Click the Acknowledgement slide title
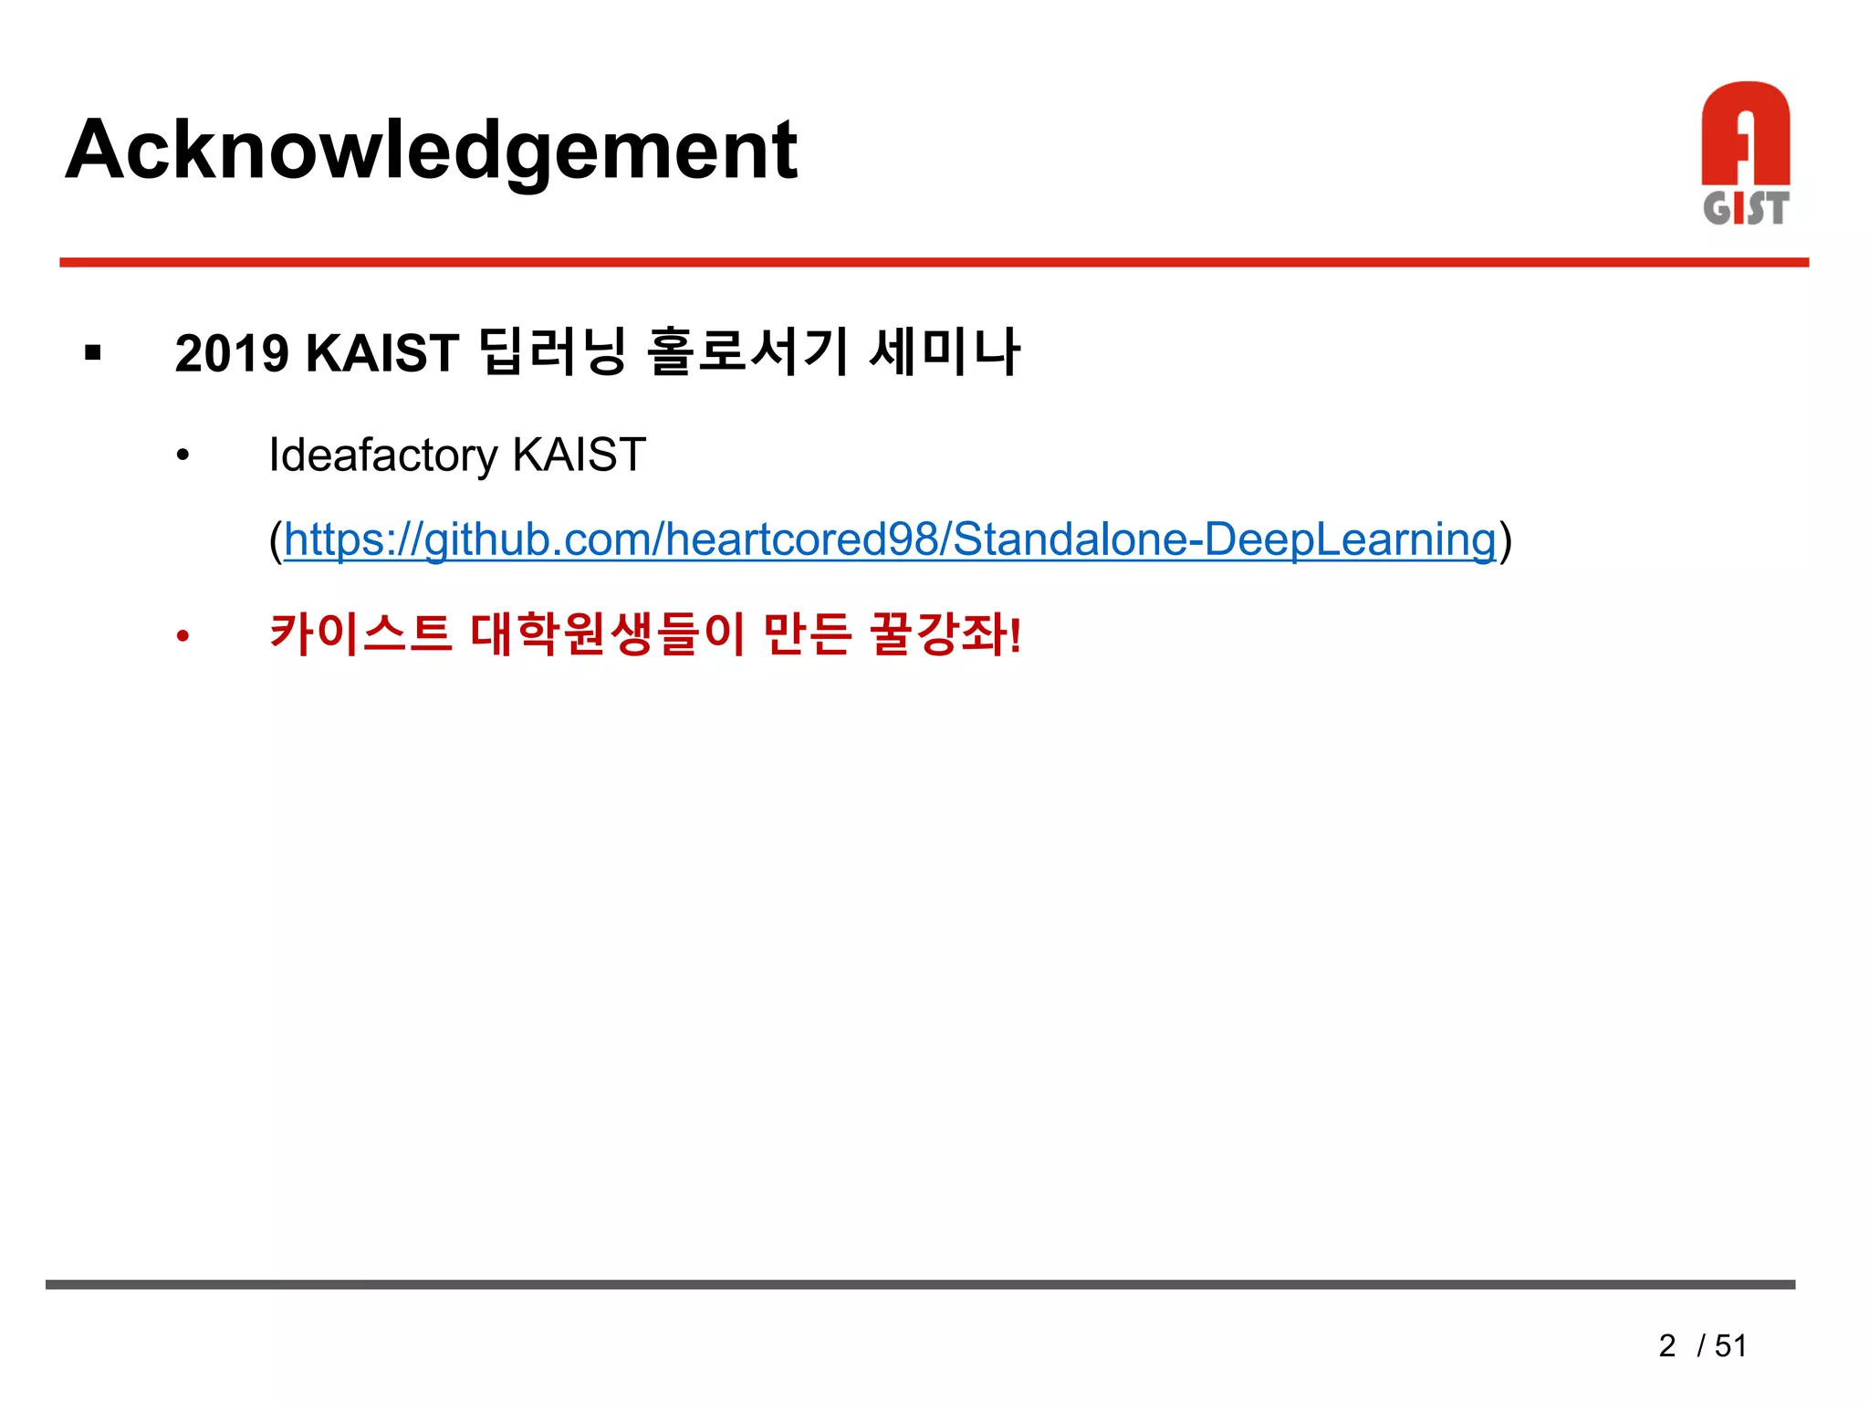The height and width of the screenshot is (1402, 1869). click(431, 151)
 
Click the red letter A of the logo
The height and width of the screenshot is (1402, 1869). click(1745, 137)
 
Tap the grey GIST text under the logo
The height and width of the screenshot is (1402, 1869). click(1745, 208)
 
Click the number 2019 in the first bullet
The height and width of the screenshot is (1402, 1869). click(232, 353)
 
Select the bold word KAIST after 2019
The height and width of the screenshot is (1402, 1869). click(381, 353)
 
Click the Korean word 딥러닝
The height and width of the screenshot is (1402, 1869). click(553, 351)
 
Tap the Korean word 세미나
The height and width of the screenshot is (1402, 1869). click(944, 351)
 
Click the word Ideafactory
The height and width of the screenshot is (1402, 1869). click(383, 455)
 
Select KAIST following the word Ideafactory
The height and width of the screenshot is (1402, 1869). click(579, 455)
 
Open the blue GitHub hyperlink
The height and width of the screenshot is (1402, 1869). click(890, 539)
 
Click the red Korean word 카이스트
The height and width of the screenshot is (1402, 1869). click(360, 633)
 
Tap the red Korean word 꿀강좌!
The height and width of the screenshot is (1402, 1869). click(945, 633)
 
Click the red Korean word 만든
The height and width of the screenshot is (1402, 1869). click(807, 633)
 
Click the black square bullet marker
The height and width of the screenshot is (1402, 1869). click(92, 352)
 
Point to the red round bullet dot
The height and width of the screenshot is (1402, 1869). click(183, 636)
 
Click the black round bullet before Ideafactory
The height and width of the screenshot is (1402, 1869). click(183, 455)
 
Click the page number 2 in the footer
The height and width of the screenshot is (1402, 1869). click(1667, 1345)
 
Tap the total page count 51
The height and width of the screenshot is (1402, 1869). click(1730, 1345)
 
